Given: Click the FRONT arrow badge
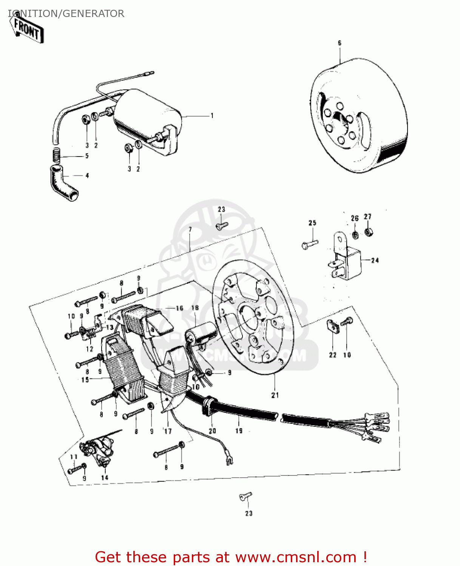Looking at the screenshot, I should click(28, 29).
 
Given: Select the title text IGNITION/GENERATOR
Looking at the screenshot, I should click(66, 14).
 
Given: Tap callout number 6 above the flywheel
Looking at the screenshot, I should click(339, 43).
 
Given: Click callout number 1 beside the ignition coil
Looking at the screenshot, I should click(212, 115).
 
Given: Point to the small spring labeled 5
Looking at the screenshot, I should click(56, 155).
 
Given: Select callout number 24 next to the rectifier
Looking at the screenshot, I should click(375, 260).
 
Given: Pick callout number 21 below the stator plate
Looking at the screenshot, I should click(275, 395).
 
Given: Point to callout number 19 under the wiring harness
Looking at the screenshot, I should click(239, 431).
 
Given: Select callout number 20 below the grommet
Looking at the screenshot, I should click(212, 431).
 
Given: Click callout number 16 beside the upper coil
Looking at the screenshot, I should click(179, 308).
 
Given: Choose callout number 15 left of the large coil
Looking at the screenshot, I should click(85, 379).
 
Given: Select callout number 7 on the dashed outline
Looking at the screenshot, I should click(190, 229).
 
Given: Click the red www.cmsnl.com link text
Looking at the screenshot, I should click(295, 557).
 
